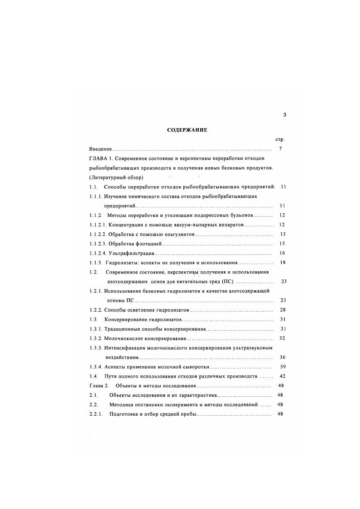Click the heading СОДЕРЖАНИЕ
point(187,130)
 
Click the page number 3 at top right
point(284,115)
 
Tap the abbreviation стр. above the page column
point(279,139)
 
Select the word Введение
point(101,149)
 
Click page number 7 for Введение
point(281,149)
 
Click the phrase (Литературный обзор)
point(116,177)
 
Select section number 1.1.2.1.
point(97,225)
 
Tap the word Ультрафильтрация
point(132,253)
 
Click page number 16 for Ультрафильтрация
point(282,253)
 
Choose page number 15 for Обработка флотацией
point(282,244)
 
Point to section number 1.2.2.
point(96,310)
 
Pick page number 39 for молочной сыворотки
point(282,367)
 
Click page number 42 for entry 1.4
point(282,376)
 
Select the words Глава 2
point(99,386)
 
